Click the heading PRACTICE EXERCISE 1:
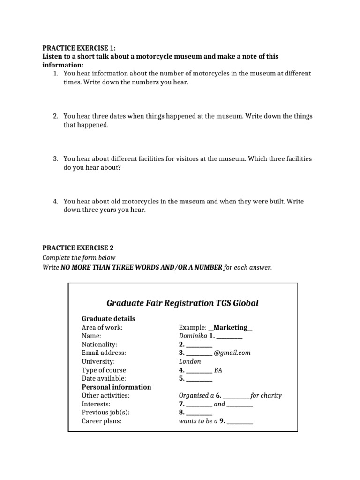tap(79, 48)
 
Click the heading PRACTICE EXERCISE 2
tap(78, 248)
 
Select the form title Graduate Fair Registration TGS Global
tap(182, 303)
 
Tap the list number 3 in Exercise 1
tap(55, 159)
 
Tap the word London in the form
tap(190, 361)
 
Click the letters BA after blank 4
tap(218, 370)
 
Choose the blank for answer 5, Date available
tap(199, 378)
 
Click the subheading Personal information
tap(116, 387)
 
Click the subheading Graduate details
tap(108, 319)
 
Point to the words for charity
tap(266, 395)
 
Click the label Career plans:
tap(101, 421)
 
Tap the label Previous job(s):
tap(105, 412)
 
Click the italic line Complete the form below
tap(79, 258)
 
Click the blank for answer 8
tap(199, 412)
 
